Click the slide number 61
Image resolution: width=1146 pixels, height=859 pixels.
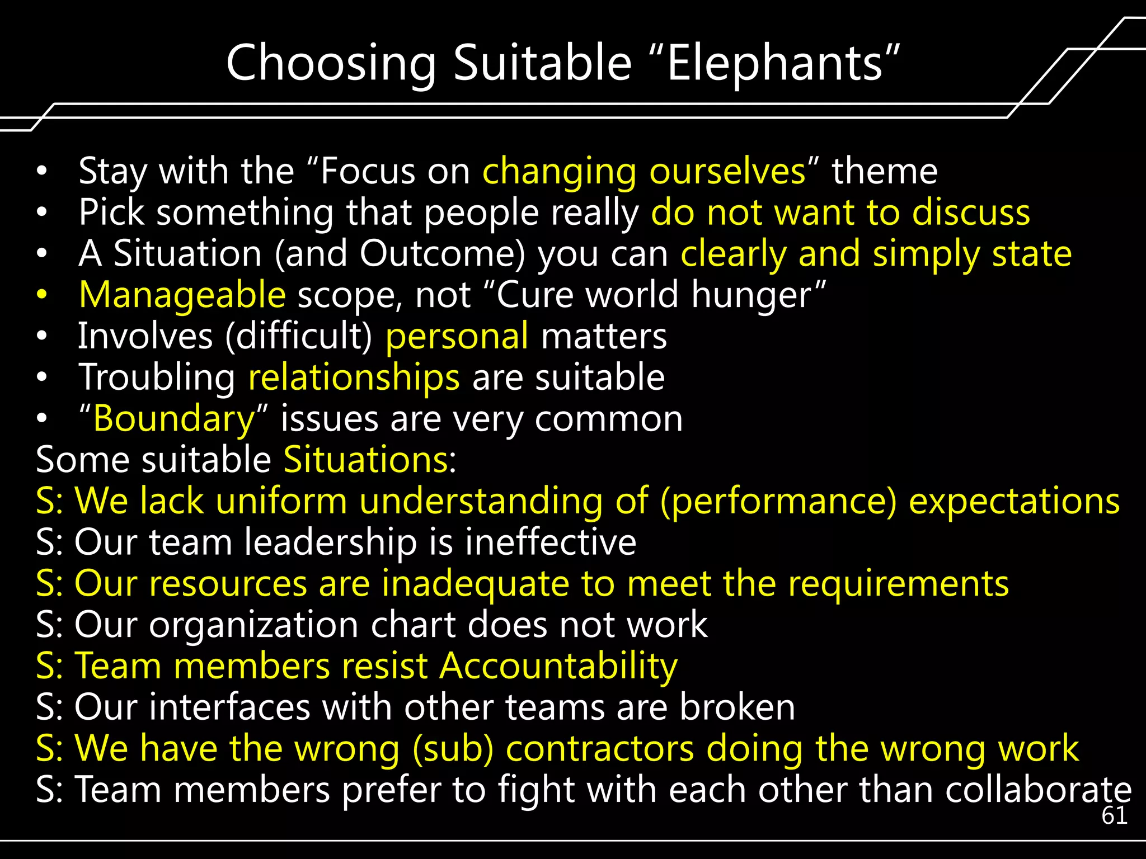pyautogui.click(x=1114, y=816)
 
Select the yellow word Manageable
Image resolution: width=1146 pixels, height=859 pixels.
pyautogui.click(x=182, y=295)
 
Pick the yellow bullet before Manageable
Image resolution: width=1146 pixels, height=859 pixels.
pyautogui.click(x=42, y=295)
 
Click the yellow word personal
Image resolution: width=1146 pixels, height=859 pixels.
pyautogui.click(x=457, y=337)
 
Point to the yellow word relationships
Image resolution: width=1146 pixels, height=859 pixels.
pyautogui.click(x=354, y=377)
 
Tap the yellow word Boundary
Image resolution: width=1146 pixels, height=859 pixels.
pyautogui.click(x=174, y=419)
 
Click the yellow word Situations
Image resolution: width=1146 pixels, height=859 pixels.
pyautogui.click(x=366, y=460)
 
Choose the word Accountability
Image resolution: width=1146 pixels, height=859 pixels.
pyautogui.click(x=558, y=666)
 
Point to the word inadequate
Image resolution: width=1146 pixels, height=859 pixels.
pyautogui.click(x=476, y=584)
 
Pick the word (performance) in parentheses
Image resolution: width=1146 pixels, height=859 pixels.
pyautogui.click(x=778, y=502)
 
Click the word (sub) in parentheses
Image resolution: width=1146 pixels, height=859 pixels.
pyautogui.click(x=453, y=748)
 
